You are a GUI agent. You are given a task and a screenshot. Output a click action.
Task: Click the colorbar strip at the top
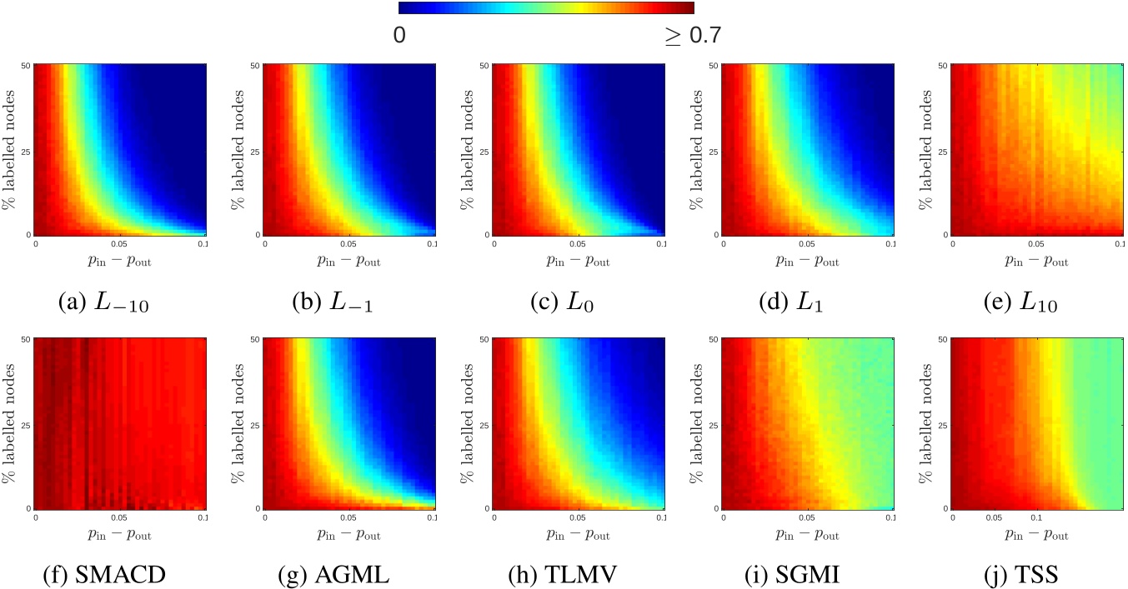546,8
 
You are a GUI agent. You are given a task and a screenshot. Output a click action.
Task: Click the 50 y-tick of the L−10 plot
28,64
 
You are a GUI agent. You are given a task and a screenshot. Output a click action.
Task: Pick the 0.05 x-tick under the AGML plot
348,517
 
